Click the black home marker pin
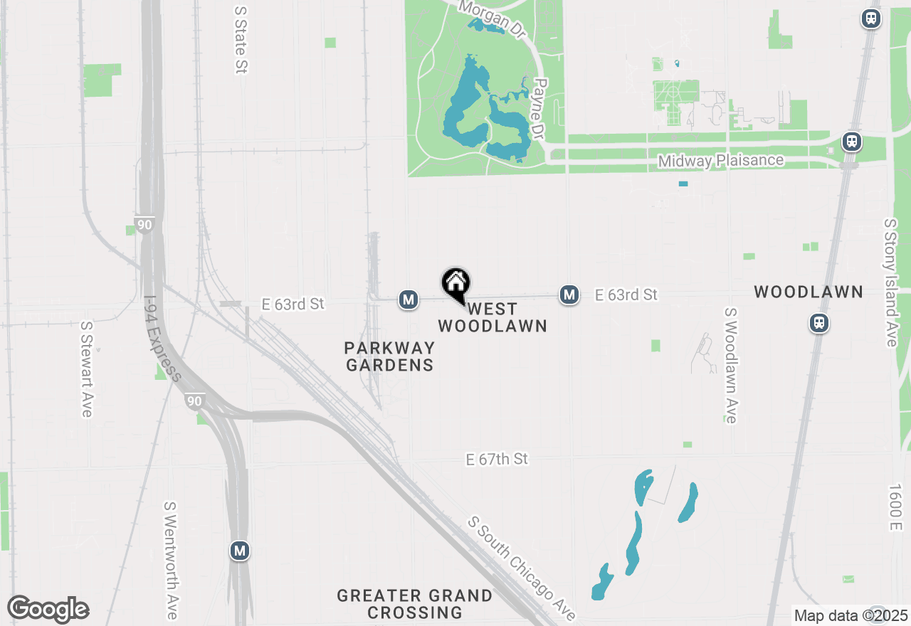pyautogui.click(x=456, y=284)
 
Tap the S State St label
pyautogui.click(x=241, y=41)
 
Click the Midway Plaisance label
pyautogui.click(x=720, y=161)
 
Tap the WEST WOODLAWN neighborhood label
pyautogui.click(x=492, y=318)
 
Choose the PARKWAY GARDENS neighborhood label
pyautogui.click(x=389, y=356)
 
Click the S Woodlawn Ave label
pyautogui.click(x=731, y=366)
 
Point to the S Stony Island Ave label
pyautogui.click(x=890, y=282)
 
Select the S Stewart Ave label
pyautogui.click(x=87, y=369)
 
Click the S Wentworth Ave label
pyautogui.click(x=171, y=560)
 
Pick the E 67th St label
pyautogui.click(x=497, y=460)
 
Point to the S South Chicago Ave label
pyautogui.click(x=522, y=568)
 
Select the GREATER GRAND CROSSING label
pyautogui.click(x=415, y=604)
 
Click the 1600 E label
pyautogui.click(x=894, y=507)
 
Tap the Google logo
pyautogui.click(x=48, y=610)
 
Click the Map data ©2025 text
pyautogui.click(x=851, y=616)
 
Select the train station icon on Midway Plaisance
pyautogui.click(x=851, y=142)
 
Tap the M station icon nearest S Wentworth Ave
pyautogui.click(x=240, y=550)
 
